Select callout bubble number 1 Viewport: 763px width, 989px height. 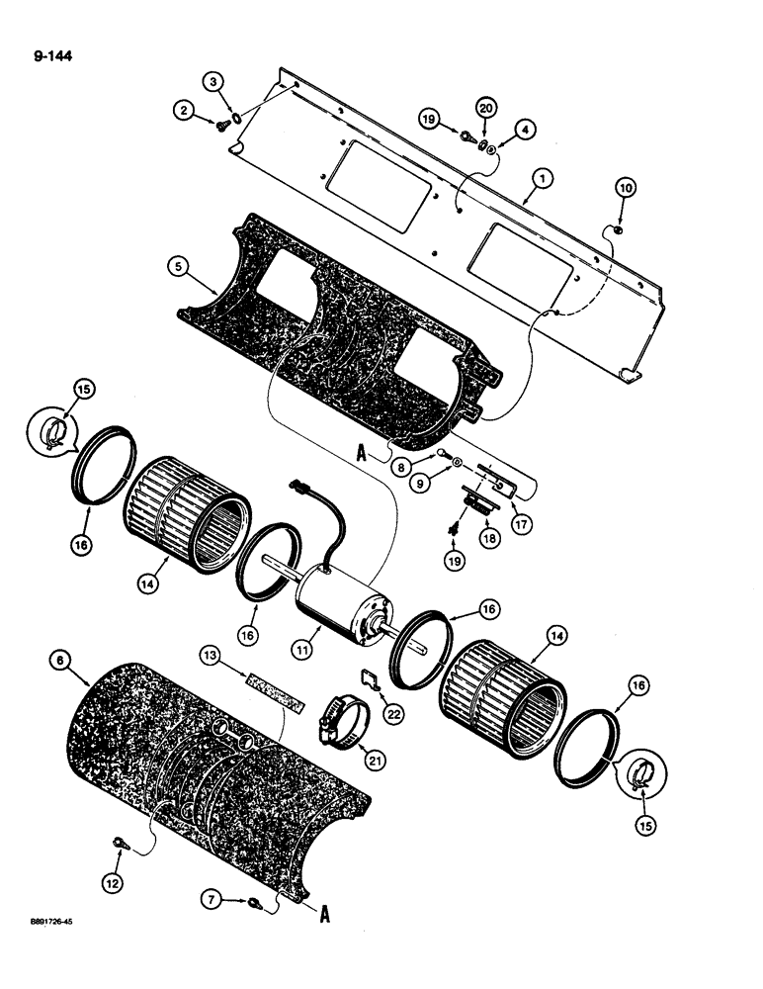(541, 180)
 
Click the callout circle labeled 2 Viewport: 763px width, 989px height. (186, 113)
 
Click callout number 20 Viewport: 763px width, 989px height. (485, 106)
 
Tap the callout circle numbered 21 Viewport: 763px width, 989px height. (377, 759)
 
